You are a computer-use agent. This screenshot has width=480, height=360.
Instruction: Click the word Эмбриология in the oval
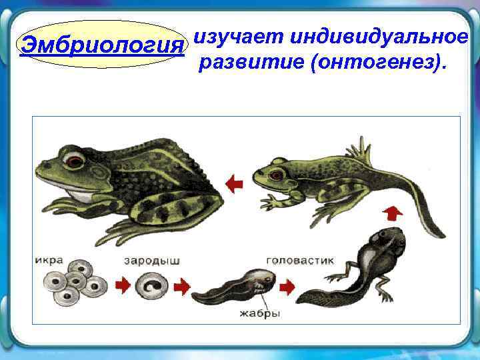click(x=101, y=45)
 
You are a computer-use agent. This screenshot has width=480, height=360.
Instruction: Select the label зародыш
click(x=152, y=260)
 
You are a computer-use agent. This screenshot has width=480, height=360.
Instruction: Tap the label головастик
click(x=300, y=260)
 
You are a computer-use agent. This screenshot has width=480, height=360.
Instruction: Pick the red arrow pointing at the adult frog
click(x=233, y=182)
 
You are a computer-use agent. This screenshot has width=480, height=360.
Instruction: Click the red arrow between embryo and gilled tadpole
click(x=182, y=287)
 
